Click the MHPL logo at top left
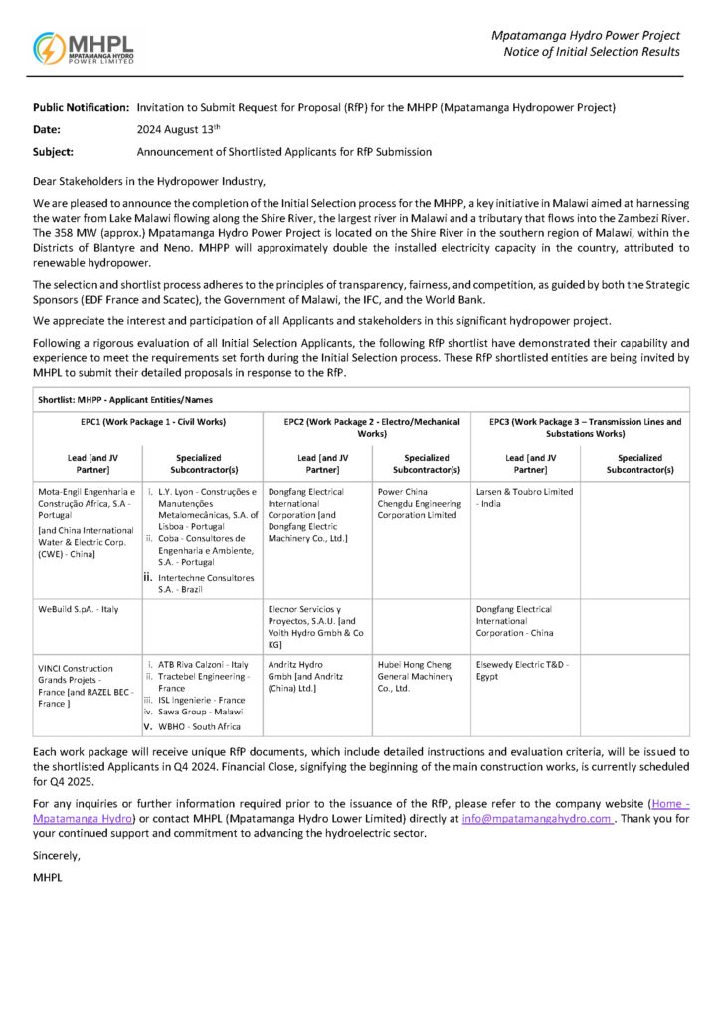point(84,48)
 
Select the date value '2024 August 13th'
point(178,129)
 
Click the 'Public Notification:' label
point(81,106)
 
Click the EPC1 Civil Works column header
point(145,422)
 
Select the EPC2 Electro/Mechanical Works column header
point(365,428)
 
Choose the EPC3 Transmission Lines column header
point(585,428)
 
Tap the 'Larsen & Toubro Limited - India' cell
point(524,498)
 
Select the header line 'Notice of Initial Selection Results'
point(592,52)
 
